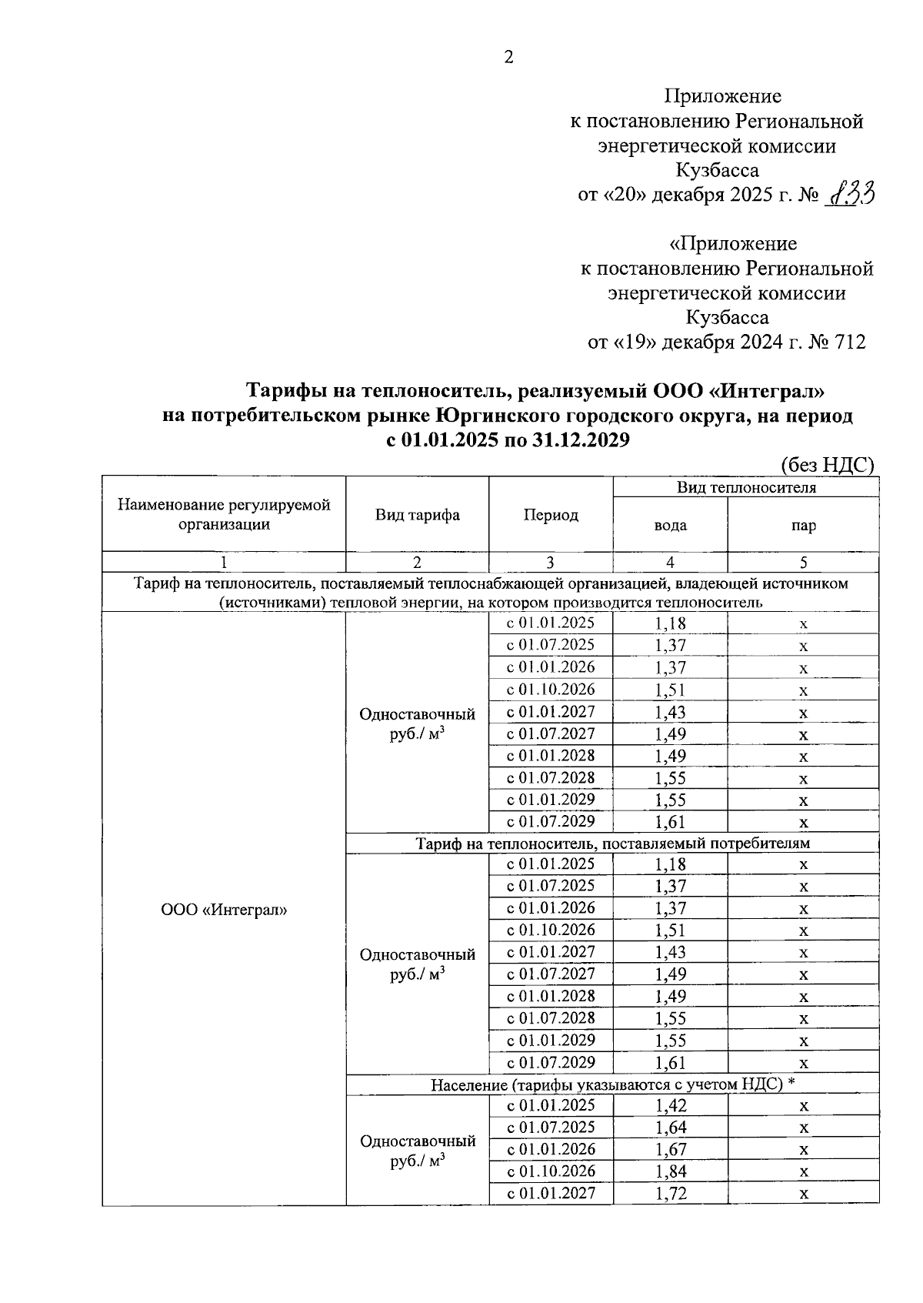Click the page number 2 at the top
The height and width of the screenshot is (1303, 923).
(508, 57)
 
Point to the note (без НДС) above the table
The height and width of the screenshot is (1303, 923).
(828, 465)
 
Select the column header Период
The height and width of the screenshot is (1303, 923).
(551, 515)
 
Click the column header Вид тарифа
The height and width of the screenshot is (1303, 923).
(418, 515)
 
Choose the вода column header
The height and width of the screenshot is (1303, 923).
(670, 526)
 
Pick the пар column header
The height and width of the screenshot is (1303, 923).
(803, 526)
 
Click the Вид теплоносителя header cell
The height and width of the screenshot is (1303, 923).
(746, 487)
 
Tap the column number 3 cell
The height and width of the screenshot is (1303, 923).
(551, 563)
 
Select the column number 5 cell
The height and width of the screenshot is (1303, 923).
(803, 563)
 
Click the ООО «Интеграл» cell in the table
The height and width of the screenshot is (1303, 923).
(224, 910)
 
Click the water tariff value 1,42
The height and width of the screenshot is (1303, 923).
(671, 1106)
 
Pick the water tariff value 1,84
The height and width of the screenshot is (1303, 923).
(671, 1171)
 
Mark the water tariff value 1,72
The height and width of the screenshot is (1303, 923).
(671, 1194)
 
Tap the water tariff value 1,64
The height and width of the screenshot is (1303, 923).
(671, 1128)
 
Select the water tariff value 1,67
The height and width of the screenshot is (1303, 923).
(671, 1150)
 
